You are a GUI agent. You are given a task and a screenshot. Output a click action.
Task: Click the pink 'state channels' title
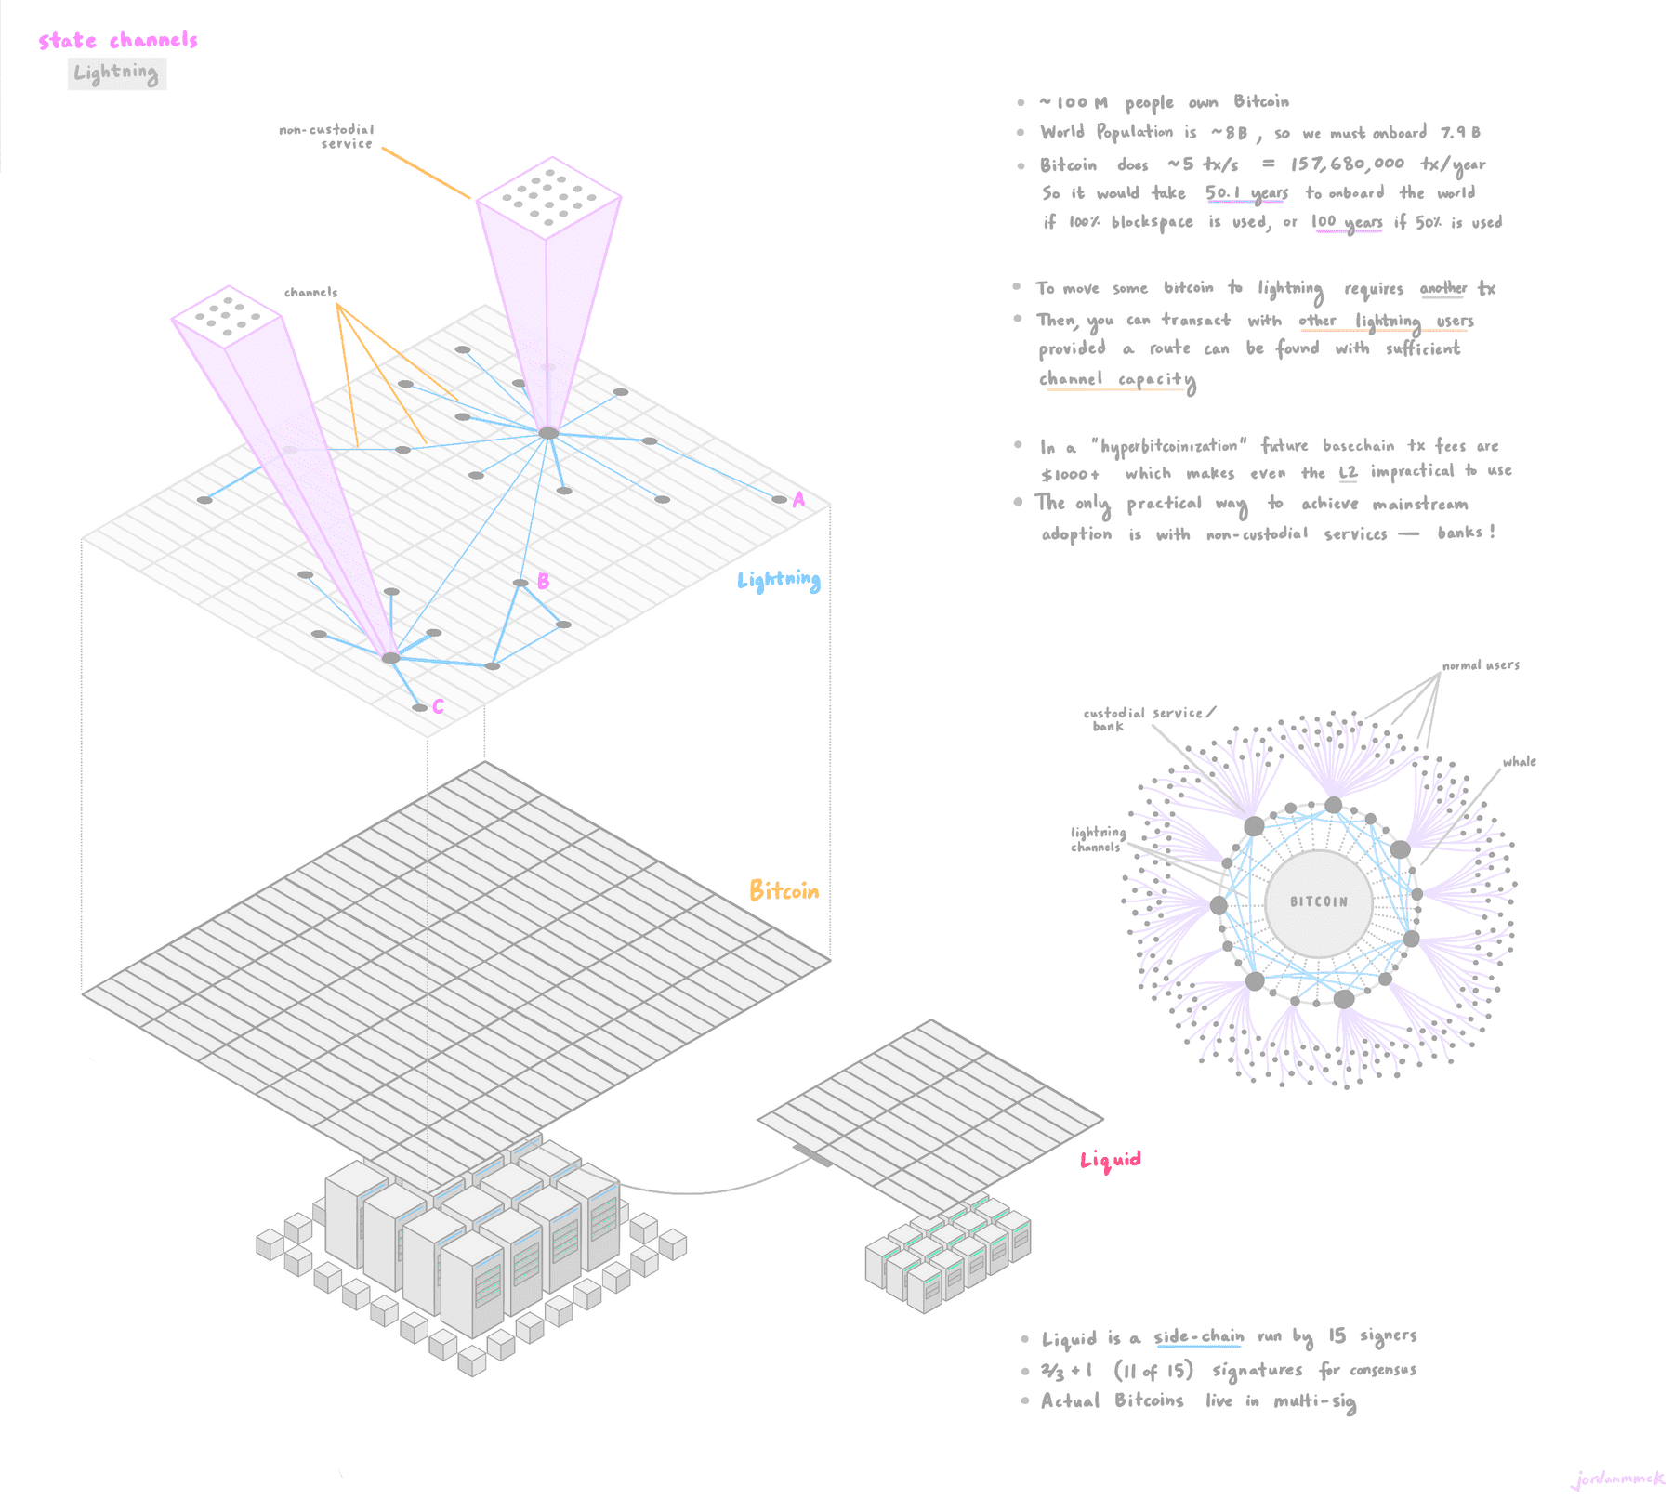(x=118, y=41)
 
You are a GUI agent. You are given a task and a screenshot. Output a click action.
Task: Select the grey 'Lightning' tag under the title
(x=116, y=73)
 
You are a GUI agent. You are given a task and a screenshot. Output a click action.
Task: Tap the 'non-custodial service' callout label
(x=327, y=137)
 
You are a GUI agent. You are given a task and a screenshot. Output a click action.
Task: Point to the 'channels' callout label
(x=310, y=292)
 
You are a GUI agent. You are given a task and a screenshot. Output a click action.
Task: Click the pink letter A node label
(x=798, y=500)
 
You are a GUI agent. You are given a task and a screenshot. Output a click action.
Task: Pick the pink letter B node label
(x=543, y=582)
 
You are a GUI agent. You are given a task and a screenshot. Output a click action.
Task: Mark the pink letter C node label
(x=438, y=707)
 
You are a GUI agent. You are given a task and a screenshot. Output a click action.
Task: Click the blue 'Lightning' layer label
(x=779, y=581)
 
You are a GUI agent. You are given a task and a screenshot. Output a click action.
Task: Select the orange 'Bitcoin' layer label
(x=784, y=891)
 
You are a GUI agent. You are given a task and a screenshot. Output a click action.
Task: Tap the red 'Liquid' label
(x=1110, y=1160)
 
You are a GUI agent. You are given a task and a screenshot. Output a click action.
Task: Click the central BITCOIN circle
(x=1318, y=902)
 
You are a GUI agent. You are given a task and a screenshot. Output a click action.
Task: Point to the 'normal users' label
(x=1481, y=665)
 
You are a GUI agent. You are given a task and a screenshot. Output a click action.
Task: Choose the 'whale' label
(x=1519, y=762)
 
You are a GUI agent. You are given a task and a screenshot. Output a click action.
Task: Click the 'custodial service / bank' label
(x=1148, y=719)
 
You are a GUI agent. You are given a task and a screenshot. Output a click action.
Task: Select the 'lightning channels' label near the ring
(x=1098, y=839)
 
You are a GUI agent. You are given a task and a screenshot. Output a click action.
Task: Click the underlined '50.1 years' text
(x=1246, y=193)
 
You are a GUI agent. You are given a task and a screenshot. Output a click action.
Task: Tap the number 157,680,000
(x=1347, y=164)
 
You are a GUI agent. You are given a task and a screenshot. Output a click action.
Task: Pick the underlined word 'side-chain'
(x=1199, y=1337)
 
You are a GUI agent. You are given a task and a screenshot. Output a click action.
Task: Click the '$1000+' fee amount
(x=1071, y=474)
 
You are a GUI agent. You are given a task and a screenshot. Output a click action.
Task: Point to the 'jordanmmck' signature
(x=1618, y=1479)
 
